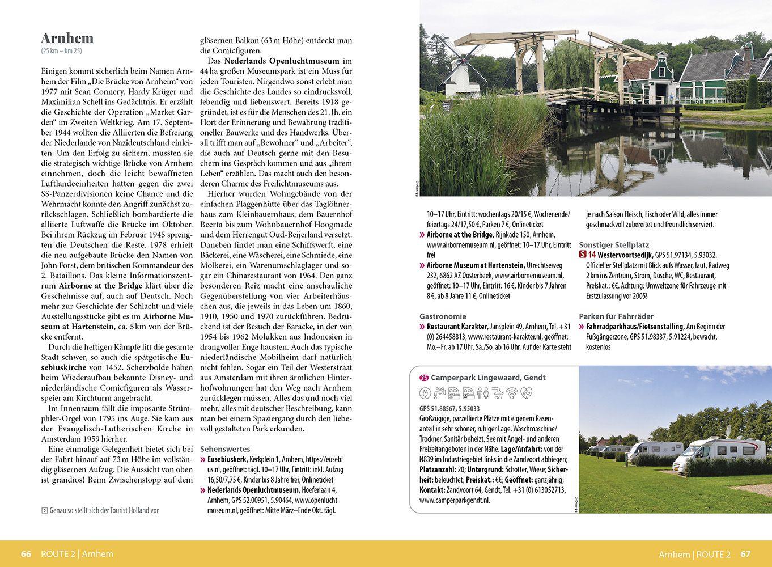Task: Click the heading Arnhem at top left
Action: (x=67, y=38)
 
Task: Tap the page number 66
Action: (x=26, y=554)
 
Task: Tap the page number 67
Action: (x=745, y=554)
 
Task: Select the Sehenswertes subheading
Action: (x=224, y=448)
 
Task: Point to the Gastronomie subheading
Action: (x=443, y=316)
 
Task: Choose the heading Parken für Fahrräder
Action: (x=616, y=316)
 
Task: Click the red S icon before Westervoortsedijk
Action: (x=583, y=255)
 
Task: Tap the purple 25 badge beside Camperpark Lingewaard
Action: (x=424, y=378)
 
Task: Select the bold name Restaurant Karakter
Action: (x=457, y=327)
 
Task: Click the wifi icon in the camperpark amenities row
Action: (x=512, y=393)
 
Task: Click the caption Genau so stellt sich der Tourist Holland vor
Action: (x=104, y=510)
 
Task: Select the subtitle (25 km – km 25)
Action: (x=62, y=51)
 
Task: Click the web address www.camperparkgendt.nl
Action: (x=455, y=500)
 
